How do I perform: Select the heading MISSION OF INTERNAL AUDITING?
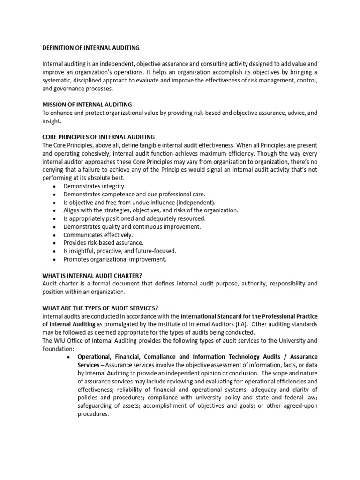[87, 104]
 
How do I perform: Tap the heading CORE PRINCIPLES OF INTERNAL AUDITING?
[98, 137]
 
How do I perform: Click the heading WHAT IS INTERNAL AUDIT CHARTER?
[92, 276]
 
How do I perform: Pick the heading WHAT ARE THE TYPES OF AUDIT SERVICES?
[100, 308]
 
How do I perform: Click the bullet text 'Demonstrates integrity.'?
[95, 186]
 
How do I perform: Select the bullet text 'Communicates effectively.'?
[98, 235]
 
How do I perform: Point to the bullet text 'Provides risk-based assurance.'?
[104, 243]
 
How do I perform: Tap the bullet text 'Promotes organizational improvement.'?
[115, 259]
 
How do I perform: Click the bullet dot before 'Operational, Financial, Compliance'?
[69, 357]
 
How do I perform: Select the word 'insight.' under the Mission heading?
[52, 120]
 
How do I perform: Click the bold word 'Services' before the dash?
[88, 365]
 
